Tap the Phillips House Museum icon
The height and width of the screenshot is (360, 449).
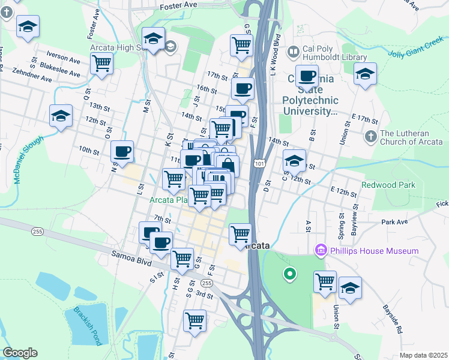point(320,250)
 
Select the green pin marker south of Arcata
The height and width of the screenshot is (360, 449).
point(289,275)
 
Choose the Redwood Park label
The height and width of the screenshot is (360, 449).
point(388,185)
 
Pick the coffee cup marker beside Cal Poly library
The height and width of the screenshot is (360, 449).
point(307,76)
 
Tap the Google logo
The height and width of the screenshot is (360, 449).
point(20,353)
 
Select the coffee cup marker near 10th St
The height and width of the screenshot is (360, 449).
point(122,152)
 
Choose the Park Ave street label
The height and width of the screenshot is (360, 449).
point(394,222)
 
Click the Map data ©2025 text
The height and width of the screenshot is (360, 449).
point(423,355)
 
